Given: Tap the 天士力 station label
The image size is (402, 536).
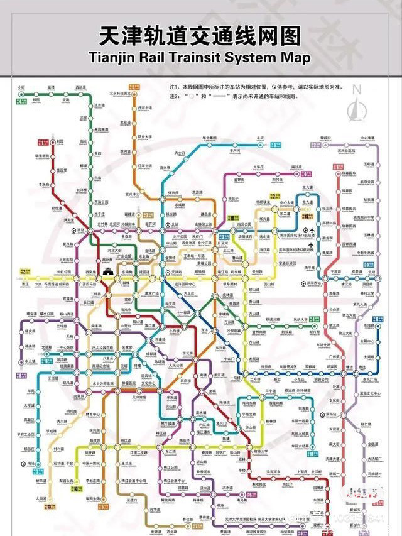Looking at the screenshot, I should click(180, 153).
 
